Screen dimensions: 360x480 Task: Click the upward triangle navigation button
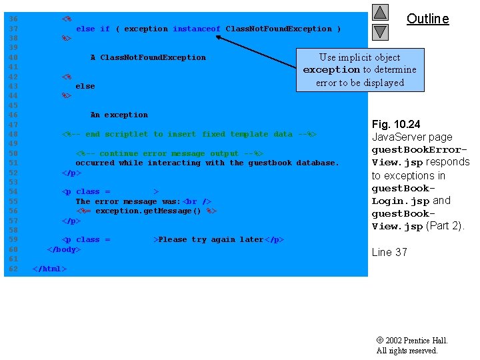tap(380, 12)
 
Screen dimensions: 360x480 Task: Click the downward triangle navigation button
tap(380, 31)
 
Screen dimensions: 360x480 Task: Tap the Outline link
tap(428, 19)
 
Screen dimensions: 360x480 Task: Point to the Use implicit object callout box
tap(359, 69)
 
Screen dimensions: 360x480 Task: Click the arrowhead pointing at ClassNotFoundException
tap(219, 37)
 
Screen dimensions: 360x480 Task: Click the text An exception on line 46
tap(119, 115)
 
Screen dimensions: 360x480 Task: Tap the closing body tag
tap(63, 249)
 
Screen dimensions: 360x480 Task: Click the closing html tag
tap(50, 269)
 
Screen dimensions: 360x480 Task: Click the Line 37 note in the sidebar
tap(389, 252)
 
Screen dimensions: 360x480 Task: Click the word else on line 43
tap(85, 86)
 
